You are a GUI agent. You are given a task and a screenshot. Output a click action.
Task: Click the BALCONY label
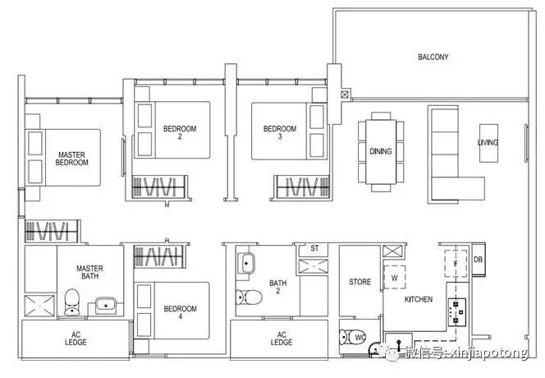pos(433,57)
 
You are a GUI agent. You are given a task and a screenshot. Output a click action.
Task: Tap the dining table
pos(381,152)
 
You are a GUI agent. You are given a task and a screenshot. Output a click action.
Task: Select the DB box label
pos(478,260)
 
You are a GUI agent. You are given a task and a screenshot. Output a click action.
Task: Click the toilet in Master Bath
pos(72,302)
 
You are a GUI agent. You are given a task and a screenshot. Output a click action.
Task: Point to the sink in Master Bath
pos(105,305)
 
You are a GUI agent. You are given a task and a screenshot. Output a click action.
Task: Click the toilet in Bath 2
pos(249,297)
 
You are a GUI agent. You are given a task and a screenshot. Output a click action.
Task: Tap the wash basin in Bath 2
pos(246,263)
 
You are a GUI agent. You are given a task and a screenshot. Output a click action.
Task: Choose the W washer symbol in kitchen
pos(394,277)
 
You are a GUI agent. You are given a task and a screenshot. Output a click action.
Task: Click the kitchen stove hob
pos(456,312)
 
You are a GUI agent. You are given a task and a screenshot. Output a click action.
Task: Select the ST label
pos(314,248)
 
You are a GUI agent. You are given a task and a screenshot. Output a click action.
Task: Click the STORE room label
pos(360,282)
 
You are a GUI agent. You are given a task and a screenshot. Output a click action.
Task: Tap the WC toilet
pos(352,337)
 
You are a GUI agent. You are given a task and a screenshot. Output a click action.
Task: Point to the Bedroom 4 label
pos(180,312)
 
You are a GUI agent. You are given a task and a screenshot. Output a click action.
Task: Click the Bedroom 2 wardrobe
pos(159,187)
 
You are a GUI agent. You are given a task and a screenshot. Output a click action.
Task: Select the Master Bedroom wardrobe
pos(52,231)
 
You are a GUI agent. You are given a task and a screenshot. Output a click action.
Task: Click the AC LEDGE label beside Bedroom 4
pos(76,339)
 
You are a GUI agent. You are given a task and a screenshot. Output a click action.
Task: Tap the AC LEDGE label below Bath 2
pos(282,339)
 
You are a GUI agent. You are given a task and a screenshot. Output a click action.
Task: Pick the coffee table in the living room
pos(488,143)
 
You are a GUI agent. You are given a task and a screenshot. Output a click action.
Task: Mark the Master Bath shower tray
pos(39,306)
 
